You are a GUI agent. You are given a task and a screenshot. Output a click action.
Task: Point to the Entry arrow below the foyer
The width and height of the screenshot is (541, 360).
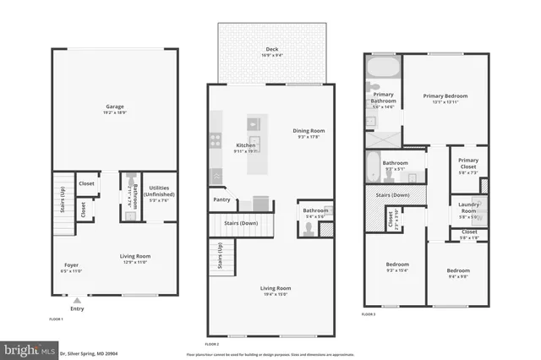click(x=77, y=300)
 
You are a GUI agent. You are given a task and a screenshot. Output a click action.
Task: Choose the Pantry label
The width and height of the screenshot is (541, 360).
click(x=221, y=200)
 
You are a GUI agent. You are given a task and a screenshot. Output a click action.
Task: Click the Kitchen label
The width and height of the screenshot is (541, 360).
click(x=245, y=145)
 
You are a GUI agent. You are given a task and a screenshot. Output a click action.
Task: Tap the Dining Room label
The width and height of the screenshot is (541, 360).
click(x=309, y=131)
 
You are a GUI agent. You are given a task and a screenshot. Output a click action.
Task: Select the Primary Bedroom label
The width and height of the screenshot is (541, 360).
click(x=445, y=96)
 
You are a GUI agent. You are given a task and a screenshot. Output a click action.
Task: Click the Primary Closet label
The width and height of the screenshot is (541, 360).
click(x=468, y=163)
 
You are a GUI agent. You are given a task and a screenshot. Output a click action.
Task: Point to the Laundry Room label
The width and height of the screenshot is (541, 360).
click(x=468, y=207)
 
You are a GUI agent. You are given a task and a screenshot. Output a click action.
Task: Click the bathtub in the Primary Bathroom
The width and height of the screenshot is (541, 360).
click(x=385, y=68)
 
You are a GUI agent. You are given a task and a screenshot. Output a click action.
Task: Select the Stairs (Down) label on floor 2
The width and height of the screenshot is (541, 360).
click(x=241, y=223)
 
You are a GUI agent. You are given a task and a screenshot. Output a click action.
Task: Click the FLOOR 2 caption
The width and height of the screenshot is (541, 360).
click(x=211, y=344)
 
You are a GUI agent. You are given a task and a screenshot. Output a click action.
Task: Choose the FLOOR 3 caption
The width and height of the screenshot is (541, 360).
click(x=369, y=314)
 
